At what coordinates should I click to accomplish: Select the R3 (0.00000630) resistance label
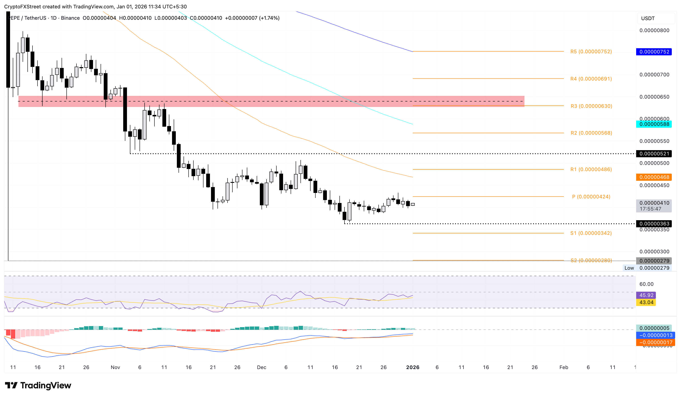pyautogui.click(x=591, y=106)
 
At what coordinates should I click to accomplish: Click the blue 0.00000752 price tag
pyautogui.click(x=654, y=52)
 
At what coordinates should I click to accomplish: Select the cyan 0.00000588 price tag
pyautogui.click(x=654, y=124)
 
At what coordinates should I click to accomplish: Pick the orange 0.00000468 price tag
pyautogui.click(x=654, y=177)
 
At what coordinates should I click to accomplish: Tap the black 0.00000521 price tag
pyautogui.click(x=654, y=153)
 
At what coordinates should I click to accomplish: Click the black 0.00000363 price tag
pyautogui.click(x=654, y=224)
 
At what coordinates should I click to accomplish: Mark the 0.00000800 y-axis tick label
pyautogui.click(x=654, y=30)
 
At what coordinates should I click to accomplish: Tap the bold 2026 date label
pyautogui.click(x=412, y=367)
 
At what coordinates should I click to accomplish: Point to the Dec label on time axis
pyautogui.click(x=261, y=367)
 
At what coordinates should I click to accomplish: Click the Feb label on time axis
pyautogui.click(x=563, y=367)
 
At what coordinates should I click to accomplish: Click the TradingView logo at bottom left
pyautogui.click(x=38, y=385)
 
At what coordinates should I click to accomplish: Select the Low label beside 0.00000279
pyautogui.click(x=629, y=268)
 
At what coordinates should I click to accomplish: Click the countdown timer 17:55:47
pyautogui.click(x=650, y=209)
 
